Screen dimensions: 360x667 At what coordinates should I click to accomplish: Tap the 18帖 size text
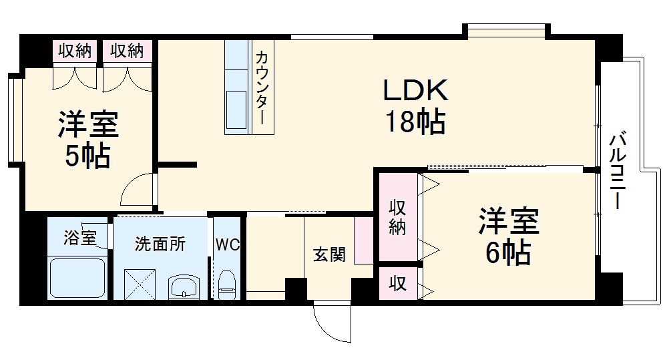click(414, 122)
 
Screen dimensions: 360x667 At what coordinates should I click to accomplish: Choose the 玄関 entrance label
click(329, 254)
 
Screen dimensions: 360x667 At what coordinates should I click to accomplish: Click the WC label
click(227, 244)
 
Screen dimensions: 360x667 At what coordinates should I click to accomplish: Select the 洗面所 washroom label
click(160, 244)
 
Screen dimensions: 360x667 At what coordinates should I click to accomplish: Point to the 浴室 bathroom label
click(79, 237)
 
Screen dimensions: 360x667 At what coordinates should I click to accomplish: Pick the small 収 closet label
click(398, 284)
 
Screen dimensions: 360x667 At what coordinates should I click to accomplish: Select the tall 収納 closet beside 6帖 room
click(398, 217)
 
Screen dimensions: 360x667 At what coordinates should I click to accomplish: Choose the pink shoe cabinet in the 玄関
click(363, 239)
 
